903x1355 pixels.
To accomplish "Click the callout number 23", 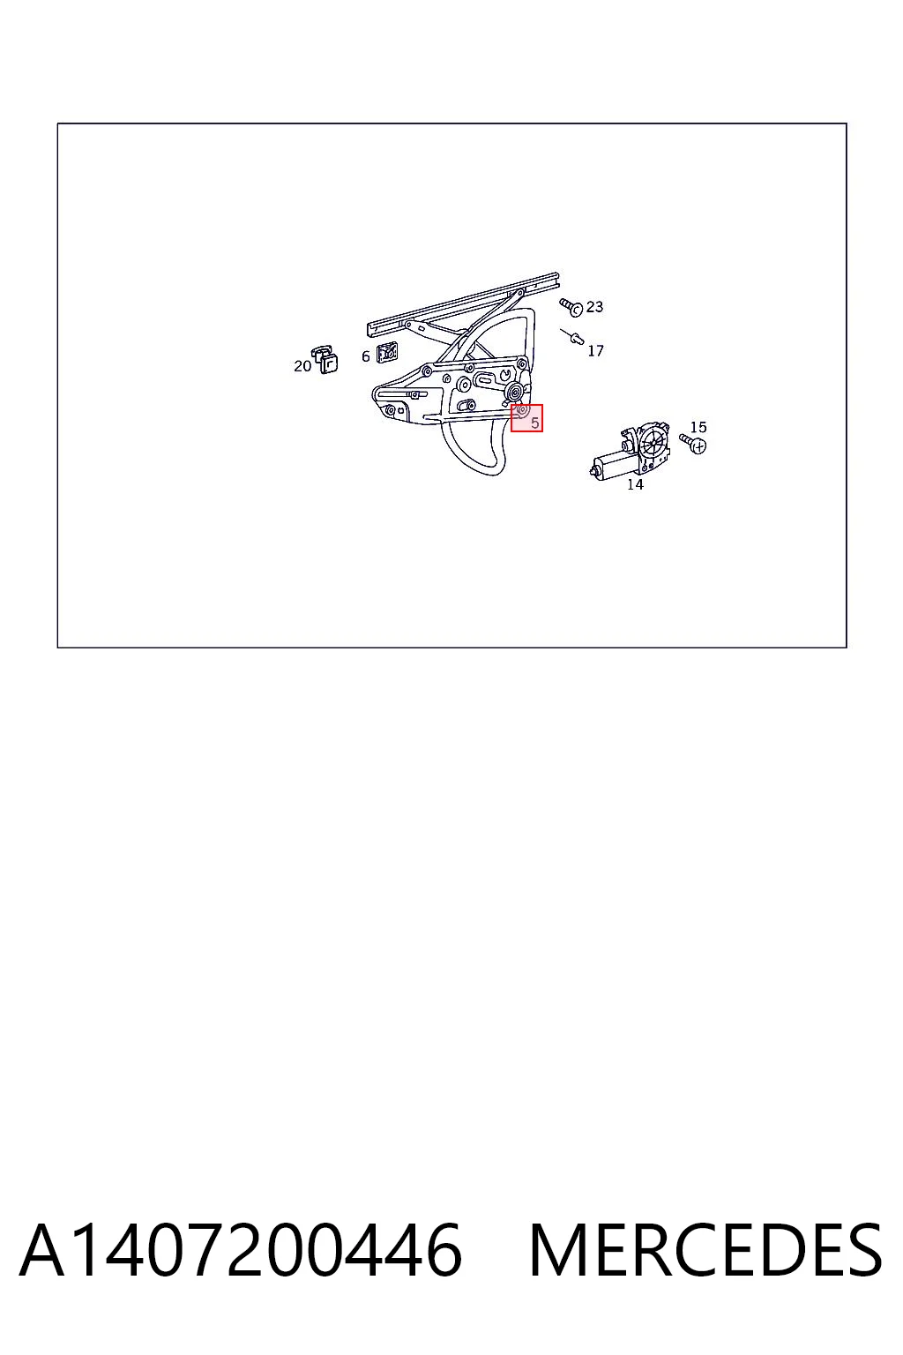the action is [x=594, y=307].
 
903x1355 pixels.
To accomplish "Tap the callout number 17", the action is [x=595, y=351].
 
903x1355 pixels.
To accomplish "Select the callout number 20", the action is [x=302, y=366].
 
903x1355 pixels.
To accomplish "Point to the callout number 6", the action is [x=365, y=357].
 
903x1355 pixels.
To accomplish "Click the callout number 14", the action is [x=635, y=484].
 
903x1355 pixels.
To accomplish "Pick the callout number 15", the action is [x=698, y=427].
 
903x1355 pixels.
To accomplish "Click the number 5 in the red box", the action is [x=534, y=423].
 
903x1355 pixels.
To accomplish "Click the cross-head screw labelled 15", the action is [x=693, y=444].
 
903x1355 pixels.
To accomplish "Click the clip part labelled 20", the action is [x=325, y=359].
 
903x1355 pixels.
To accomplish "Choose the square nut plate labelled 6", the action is [x=387, y=352].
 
